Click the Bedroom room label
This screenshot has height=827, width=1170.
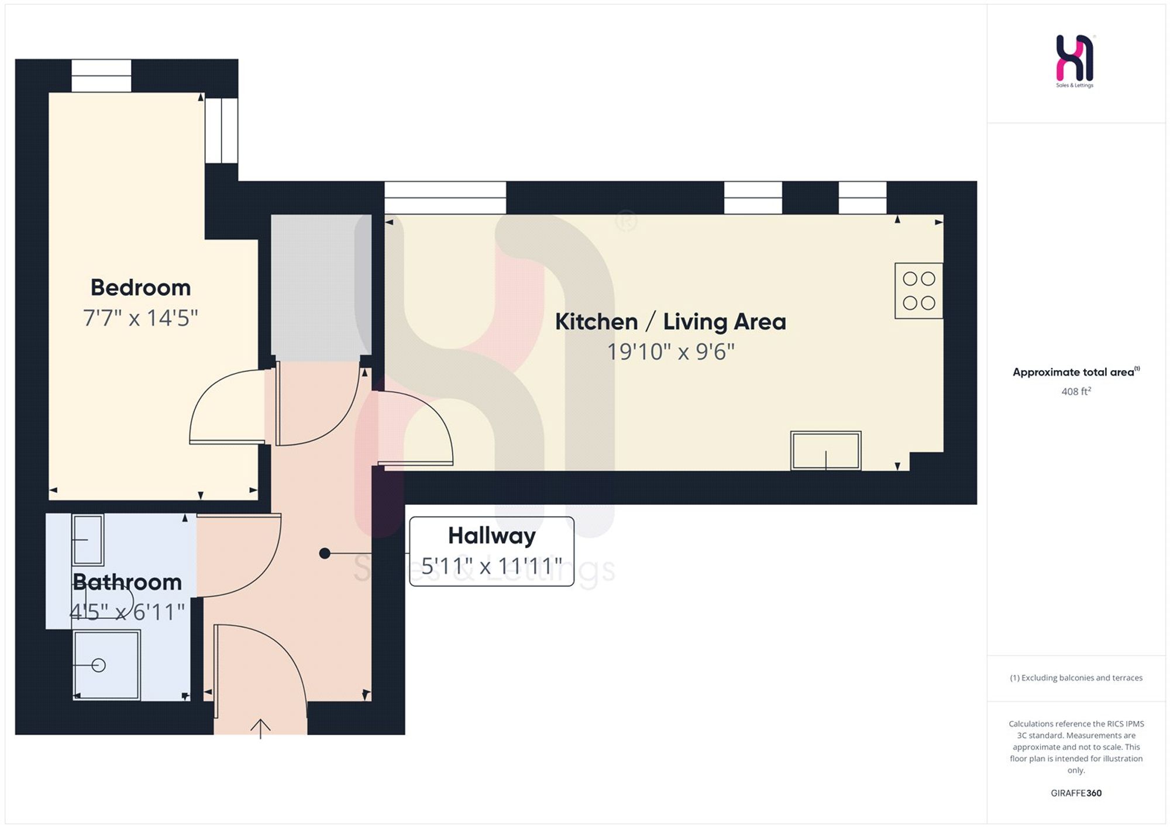click(140, 287)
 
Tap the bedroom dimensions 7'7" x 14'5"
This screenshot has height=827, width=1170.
click(140, 318)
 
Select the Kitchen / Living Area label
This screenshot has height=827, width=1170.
click(670, 322)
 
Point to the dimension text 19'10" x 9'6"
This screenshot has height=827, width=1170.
click(670, 352)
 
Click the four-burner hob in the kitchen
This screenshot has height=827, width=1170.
click(918, 291)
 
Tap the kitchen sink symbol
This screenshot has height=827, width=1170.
click(825, 450)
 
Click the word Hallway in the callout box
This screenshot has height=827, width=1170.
click(491, 536)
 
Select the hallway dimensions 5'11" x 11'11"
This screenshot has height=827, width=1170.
click(491, 566)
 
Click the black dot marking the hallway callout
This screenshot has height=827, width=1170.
click(325, 553)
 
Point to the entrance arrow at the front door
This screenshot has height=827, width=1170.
click(260, 729)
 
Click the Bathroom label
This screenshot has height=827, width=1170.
click(127, 582)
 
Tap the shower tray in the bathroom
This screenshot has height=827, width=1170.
click(106, 664)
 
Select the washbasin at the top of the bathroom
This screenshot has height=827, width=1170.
click(88, 540)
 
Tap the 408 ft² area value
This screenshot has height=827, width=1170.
click(1076, 391)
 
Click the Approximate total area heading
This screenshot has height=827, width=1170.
click(1076, 372)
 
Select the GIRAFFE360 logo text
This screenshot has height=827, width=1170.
click(1076, 793)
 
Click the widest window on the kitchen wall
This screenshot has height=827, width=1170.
click(445, 198)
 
